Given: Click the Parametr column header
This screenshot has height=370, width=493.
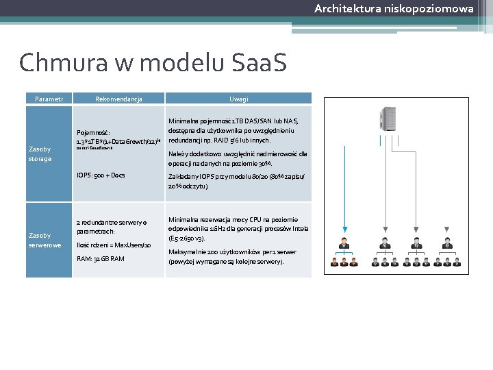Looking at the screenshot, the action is (49, 99).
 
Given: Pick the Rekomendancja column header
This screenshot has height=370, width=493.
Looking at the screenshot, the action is (118, 99).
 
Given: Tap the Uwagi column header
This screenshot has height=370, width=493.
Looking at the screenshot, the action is (238, 99).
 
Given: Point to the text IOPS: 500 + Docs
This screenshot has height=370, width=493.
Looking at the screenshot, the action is (101, 175).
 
